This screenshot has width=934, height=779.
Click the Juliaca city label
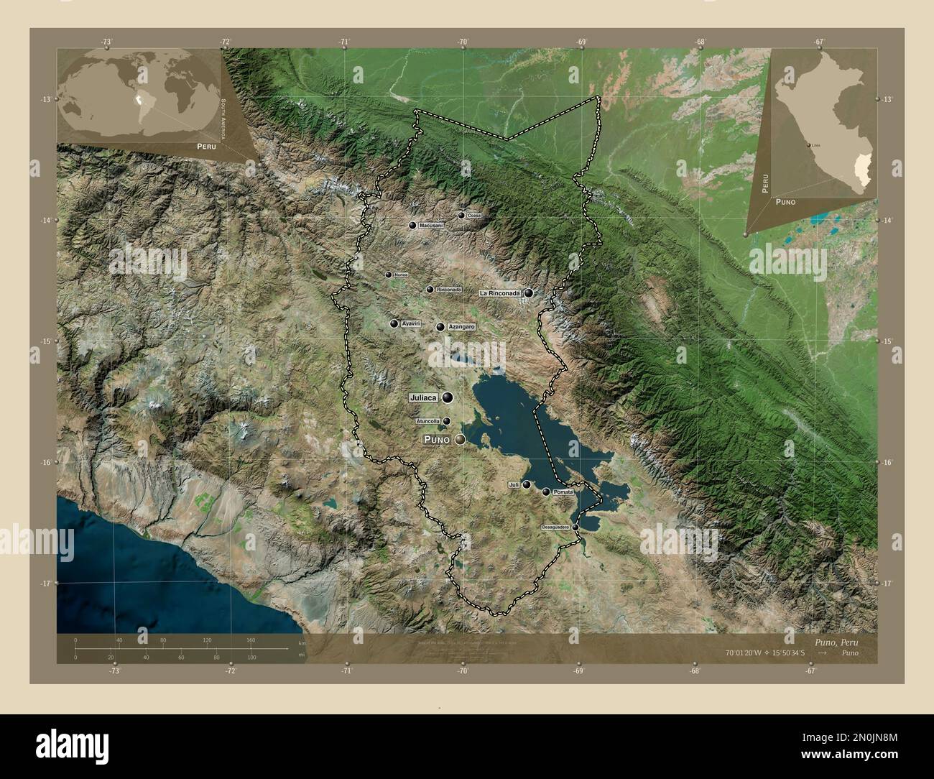click(424, 397)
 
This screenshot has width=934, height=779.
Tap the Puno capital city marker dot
click(459, 439)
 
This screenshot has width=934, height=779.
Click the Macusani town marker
click(412, 226)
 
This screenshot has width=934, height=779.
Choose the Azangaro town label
click(461, 327)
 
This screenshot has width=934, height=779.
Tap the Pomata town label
click(564, 492)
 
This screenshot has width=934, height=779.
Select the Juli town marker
click(527, 485)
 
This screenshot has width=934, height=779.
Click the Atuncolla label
click(428, 421)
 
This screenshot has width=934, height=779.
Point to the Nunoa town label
click(401, 275)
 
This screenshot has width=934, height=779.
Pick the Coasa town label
click(473, 216)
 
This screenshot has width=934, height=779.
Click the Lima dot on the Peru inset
click(810, 145)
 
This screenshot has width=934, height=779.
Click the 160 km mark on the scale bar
click(251, 640)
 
